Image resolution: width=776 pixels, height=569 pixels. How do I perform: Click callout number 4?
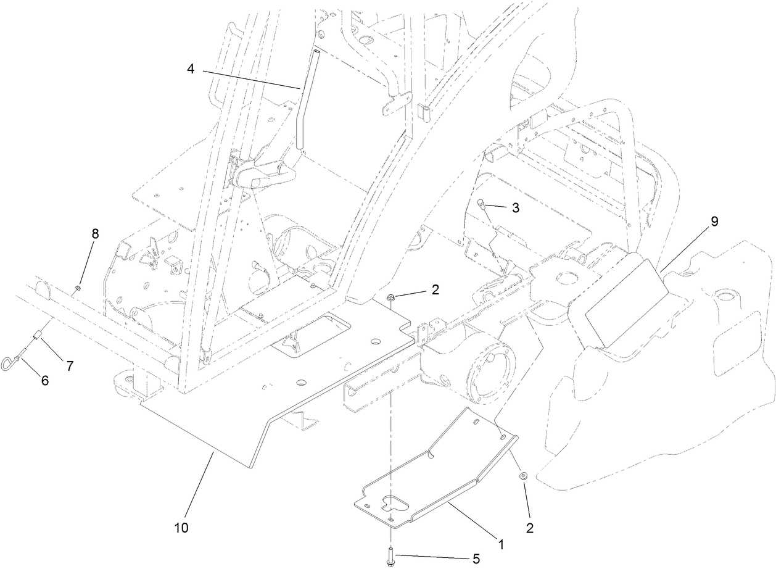[191, 69]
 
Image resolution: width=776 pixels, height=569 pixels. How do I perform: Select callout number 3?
[516, 208]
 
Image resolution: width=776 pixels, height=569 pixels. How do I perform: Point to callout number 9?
[714, 222]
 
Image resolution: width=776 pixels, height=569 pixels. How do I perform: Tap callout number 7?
[70, 366]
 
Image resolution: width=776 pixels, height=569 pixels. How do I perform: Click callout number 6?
[44, 380]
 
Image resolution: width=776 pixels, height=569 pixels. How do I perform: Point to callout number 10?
[181, 528]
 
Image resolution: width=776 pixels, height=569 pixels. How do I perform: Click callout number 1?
[500, 544]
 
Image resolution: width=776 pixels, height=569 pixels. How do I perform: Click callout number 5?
[475, 559]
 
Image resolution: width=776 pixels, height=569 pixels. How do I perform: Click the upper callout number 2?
[435, 289]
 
